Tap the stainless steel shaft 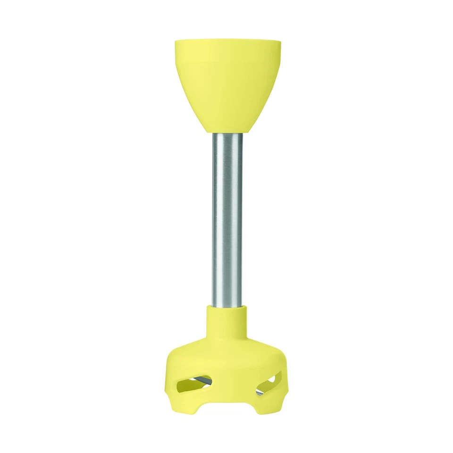pos(227,217)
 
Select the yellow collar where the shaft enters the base pos(227,321)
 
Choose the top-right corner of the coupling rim pos(279,42)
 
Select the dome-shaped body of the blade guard pos(227,359)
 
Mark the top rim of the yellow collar pos(227,306)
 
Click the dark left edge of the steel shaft pos(214,217)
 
